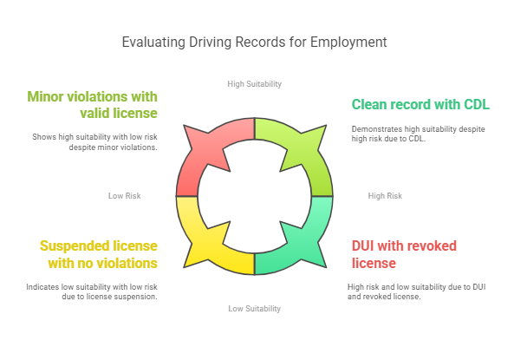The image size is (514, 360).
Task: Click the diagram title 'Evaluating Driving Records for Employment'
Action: (254, 42)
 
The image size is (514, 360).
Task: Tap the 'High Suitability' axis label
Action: (254, 84)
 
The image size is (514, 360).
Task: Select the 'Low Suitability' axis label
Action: (254, 309)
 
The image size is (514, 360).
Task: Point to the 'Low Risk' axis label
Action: (124, 196)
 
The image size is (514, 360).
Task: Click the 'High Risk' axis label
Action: (385, 196)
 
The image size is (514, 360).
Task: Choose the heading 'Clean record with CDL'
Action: (420, 104)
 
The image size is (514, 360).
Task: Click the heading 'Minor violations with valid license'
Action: (92, 104)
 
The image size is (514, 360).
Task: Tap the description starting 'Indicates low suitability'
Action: (93, 291)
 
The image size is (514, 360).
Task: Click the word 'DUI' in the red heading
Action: (365, 245)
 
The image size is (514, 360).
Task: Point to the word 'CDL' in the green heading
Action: (474, 104)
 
